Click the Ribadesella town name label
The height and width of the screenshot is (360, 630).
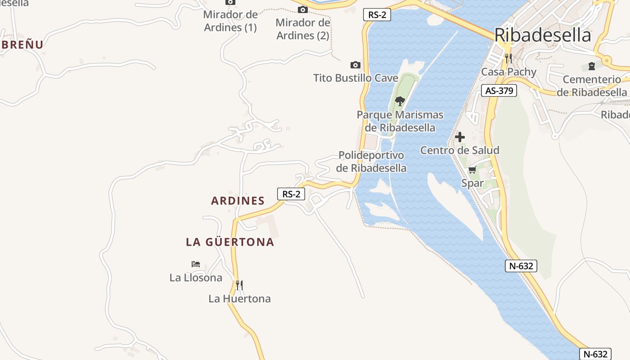543,35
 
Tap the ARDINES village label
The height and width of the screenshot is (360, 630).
238,201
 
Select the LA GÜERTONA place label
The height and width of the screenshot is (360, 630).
230,242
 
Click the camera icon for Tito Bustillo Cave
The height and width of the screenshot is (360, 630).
355,65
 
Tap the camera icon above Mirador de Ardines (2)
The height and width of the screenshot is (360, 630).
303,9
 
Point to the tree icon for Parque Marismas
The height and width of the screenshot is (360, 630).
400,101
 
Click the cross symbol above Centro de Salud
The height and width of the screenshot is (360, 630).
460,137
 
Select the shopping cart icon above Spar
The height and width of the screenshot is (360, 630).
472,170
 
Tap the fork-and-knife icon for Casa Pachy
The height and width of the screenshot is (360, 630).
508,58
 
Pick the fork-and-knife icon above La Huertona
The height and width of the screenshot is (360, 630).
239,285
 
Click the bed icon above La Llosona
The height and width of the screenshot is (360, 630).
195,264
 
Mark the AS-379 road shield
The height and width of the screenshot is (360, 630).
499,90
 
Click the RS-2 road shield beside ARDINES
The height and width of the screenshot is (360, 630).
291,194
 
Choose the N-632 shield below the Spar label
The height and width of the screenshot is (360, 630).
521,266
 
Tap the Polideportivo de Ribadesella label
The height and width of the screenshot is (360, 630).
371,162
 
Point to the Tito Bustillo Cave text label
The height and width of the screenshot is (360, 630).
355,78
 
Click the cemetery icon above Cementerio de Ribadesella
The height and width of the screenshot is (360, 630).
591,67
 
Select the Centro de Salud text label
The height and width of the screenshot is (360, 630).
459,150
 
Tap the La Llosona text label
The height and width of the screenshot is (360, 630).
196,278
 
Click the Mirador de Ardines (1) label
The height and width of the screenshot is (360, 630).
230,21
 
